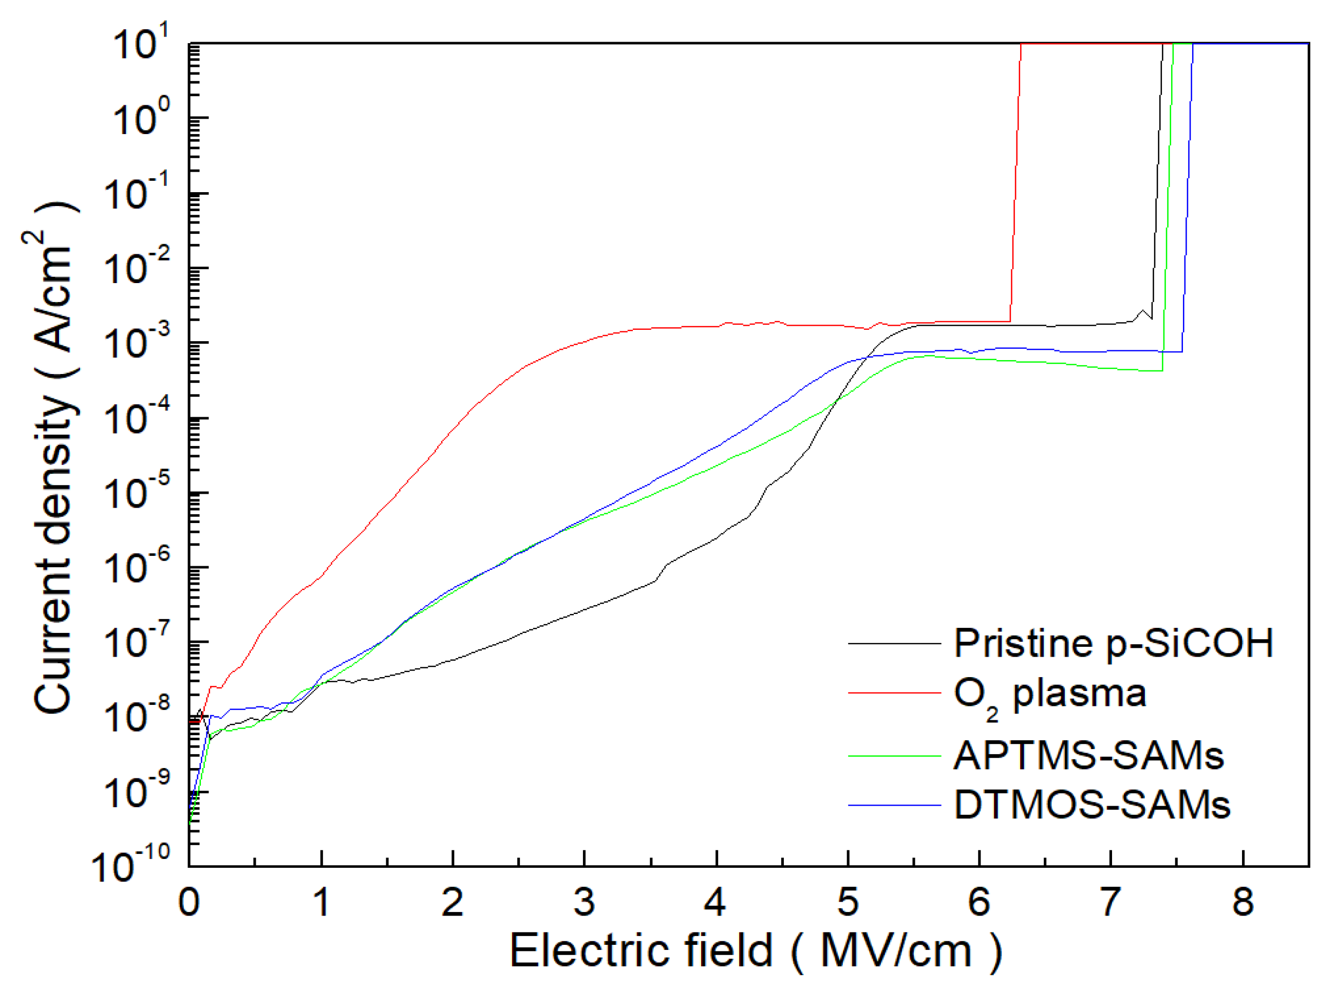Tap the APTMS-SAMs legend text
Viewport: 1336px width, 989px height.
pyautogui.click(x=1088, y=756)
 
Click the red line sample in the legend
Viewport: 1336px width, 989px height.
pyautogui.click(x=894, y=693)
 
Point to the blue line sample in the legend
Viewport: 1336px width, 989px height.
pyautogui.click(x=894, y=805)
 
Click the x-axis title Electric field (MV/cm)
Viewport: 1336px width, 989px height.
pyautogui.click(x=756, y=950)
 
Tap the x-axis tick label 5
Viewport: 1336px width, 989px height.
pyautogui.click(x=848, y=902)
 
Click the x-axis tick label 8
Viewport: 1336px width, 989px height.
pyautogui.click(x=1243, y=902)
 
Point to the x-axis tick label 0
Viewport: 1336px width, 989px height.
pyautogui.click(x=189, y=902)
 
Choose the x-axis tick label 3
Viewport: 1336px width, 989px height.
pyautogui.click(x=584, y=902)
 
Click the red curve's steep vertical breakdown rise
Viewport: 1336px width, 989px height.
pyautogui.click(x=1016, y=180)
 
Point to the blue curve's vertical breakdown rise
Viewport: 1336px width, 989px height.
pyautogui.click(x=1188, y=198)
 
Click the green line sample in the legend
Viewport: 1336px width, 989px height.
pyautogui.click(x=894, y=756)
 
